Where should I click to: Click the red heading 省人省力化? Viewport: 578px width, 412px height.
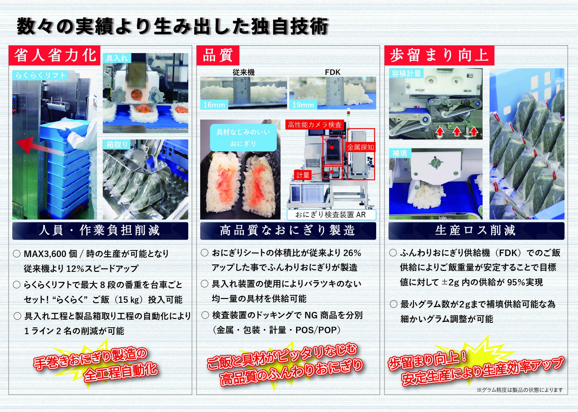point(55,55)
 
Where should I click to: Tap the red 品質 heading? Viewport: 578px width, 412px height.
point(218,55)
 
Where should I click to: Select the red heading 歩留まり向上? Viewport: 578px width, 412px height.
point(439,55)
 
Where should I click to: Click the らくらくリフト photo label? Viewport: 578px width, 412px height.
point(40,75)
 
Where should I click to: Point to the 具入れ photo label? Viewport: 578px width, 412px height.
point(117,58)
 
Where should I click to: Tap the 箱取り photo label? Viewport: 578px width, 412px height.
point(117,144)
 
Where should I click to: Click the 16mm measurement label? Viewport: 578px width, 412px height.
point(214,105)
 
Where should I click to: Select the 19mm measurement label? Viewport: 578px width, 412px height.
point(303,105)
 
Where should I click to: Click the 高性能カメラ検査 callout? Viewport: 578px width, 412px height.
point(315,125)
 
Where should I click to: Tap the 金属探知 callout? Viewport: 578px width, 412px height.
point(360,147)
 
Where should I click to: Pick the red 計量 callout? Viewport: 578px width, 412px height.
point(303,175)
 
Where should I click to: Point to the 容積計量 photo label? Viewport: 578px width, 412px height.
point(406,73)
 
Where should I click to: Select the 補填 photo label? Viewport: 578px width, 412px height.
point(400,153)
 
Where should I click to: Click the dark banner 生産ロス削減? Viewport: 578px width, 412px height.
point(476,231)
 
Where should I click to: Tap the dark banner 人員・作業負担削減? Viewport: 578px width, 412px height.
point(100,231)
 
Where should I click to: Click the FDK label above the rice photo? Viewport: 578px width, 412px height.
point(333,72)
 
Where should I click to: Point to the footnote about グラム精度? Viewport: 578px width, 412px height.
point(520,390)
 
